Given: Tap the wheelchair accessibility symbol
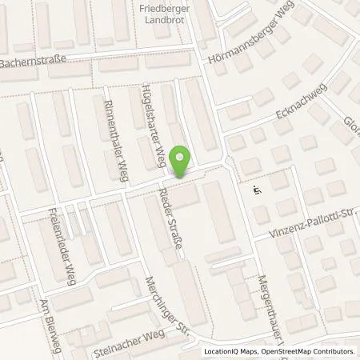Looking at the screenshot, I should (257, 190).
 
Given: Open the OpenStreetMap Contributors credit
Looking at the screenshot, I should (312, 351).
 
